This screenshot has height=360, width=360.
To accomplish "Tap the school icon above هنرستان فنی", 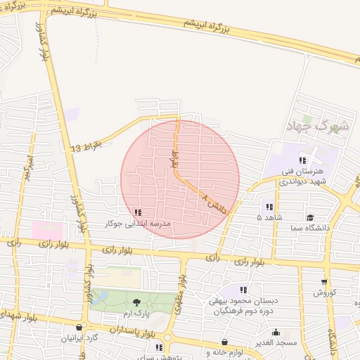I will click(302, 161).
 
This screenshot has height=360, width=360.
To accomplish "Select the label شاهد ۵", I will click(269, 218).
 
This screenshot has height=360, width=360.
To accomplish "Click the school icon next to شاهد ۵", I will click(269, 207).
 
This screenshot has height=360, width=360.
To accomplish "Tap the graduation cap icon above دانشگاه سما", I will click(310, 219).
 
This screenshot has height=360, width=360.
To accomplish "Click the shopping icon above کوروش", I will click(324, 282).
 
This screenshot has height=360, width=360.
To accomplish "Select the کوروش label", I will click(324, 292).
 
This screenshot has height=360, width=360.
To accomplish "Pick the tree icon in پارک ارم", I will click(136, 302).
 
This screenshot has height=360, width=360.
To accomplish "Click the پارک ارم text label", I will click(136, 312).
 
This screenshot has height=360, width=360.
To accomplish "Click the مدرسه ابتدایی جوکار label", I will click(137, 223).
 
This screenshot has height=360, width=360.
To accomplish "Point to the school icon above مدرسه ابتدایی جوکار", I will click(137, 212).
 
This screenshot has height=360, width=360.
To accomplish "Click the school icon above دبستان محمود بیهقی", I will click(244, 290).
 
